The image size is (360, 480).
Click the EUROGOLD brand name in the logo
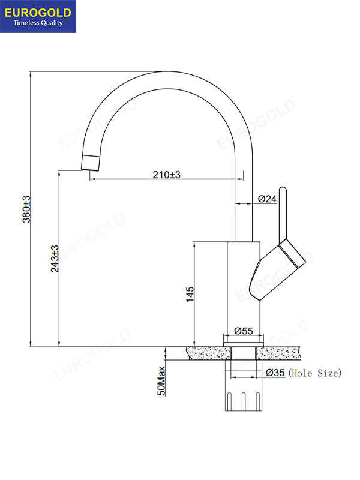(38, 13)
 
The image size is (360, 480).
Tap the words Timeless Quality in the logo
(38, 23)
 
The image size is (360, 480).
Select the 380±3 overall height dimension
(26, 209)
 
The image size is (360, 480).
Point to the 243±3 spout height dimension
(55, 259)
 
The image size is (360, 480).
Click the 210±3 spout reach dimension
(167, 175)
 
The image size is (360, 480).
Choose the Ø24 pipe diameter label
(267, 199)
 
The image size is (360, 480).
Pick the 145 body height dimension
(190, 294)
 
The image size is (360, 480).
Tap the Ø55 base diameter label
(244, 331)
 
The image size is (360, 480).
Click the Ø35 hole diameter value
(275, 373)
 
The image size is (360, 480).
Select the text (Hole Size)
(315, 373)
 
